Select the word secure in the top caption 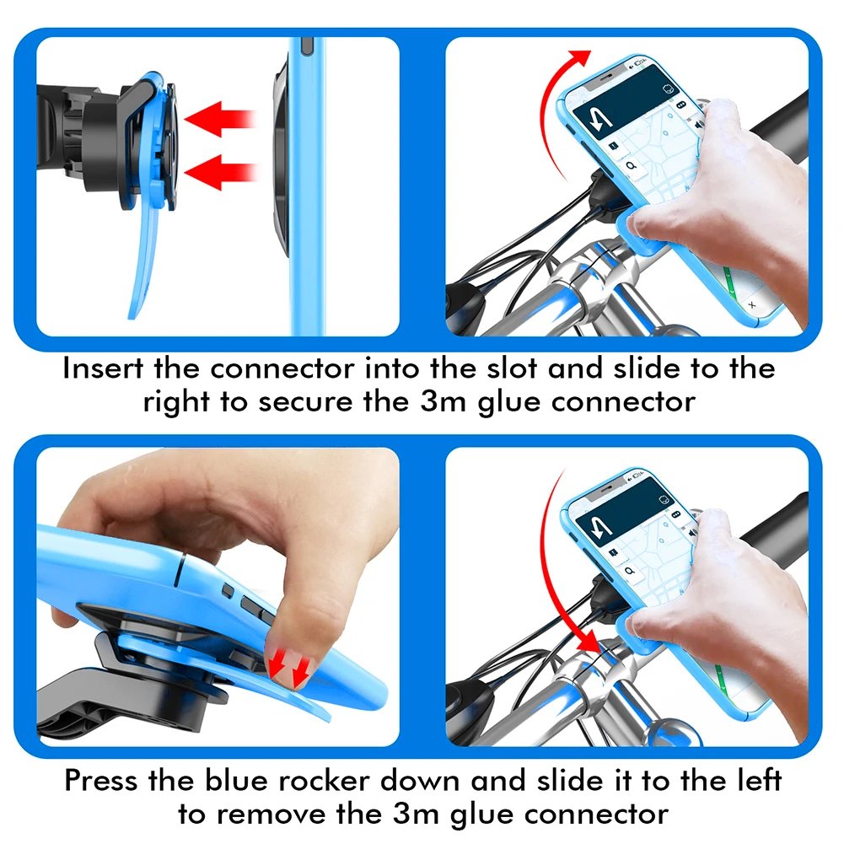307,401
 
